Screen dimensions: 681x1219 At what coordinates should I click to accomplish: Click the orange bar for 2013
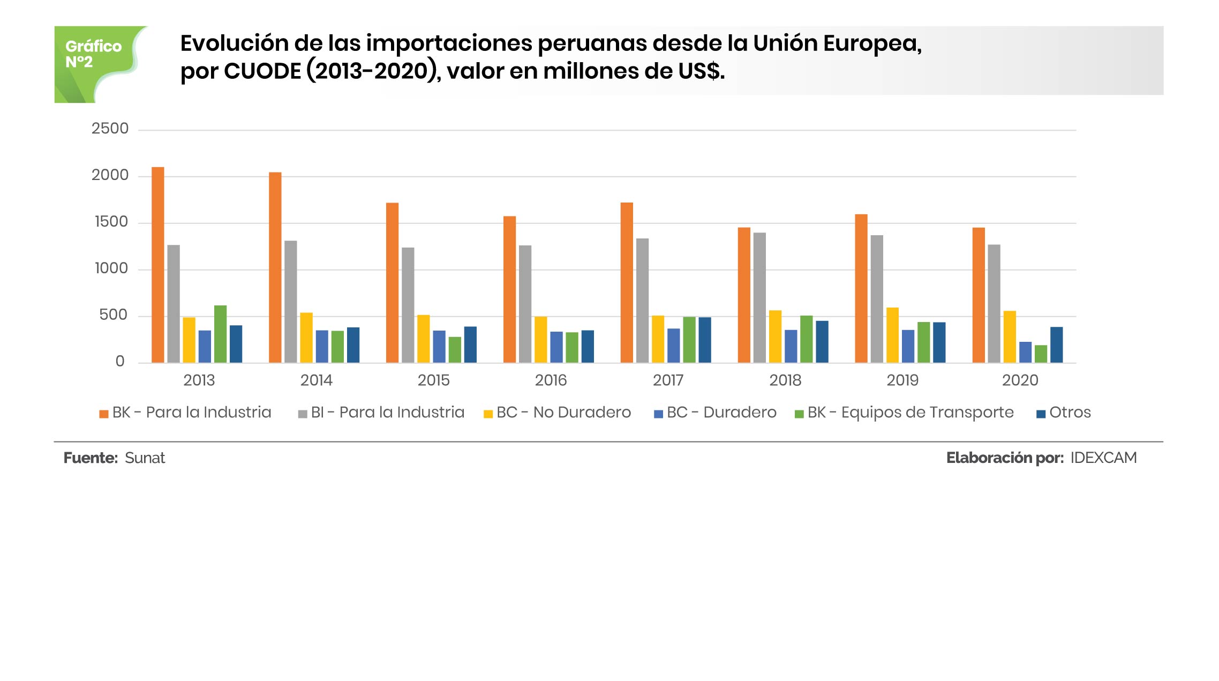pos(157,265)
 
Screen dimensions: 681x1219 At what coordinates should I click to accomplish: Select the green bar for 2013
pos(220,334)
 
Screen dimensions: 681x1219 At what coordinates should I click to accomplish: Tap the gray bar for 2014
pos(290,302)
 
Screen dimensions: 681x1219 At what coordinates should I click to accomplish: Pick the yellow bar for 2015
pos(423,339)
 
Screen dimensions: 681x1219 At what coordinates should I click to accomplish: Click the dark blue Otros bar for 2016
pos(588,347)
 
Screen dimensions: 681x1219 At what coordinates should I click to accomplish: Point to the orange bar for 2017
pos(627,283)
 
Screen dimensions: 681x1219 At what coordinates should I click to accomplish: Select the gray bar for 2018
pos(759,298)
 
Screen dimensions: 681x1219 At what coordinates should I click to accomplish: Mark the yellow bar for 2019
pos(892,335)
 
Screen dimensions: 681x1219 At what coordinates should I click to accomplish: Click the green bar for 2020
pos(1041,354)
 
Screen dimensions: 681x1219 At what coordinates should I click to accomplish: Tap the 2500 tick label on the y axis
pos(110,129)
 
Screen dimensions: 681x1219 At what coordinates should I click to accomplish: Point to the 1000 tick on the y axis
pos(111,268)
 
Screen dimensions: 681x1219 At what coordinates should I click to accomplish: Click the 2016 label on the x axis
pos(551,380)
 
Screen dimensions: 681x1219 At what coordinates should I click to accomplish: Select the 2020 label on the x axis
pos(1020,380)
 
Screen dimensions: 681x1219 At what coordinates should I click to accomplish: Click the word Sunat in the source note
pos(145,458)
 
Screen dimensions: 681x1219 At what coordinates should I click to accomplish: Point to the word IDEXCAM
pos(1103,458)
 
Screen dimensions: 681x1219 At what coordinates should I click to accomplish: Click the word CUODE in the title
pos(262,72)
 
